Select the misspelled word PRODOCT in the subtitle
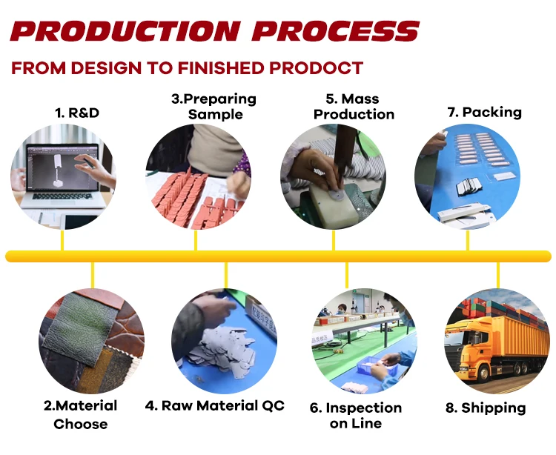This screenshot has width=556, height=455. click(316, 68)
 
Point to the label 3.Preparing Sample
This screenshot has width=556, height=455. click(214, 106)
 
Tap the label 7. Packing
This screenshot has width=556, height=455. click(484, 113)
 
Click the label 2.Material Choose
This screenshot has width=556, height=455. click(80, 414)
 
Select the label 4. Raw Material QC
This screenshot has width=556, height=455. click(214, 405)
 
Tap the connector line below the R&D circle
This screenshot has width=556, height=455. click(62, 239)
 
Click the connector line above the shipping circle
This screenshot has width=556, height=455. click(497, 274)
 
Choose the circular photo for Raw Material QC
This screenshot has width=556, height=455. click(214, 340)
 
